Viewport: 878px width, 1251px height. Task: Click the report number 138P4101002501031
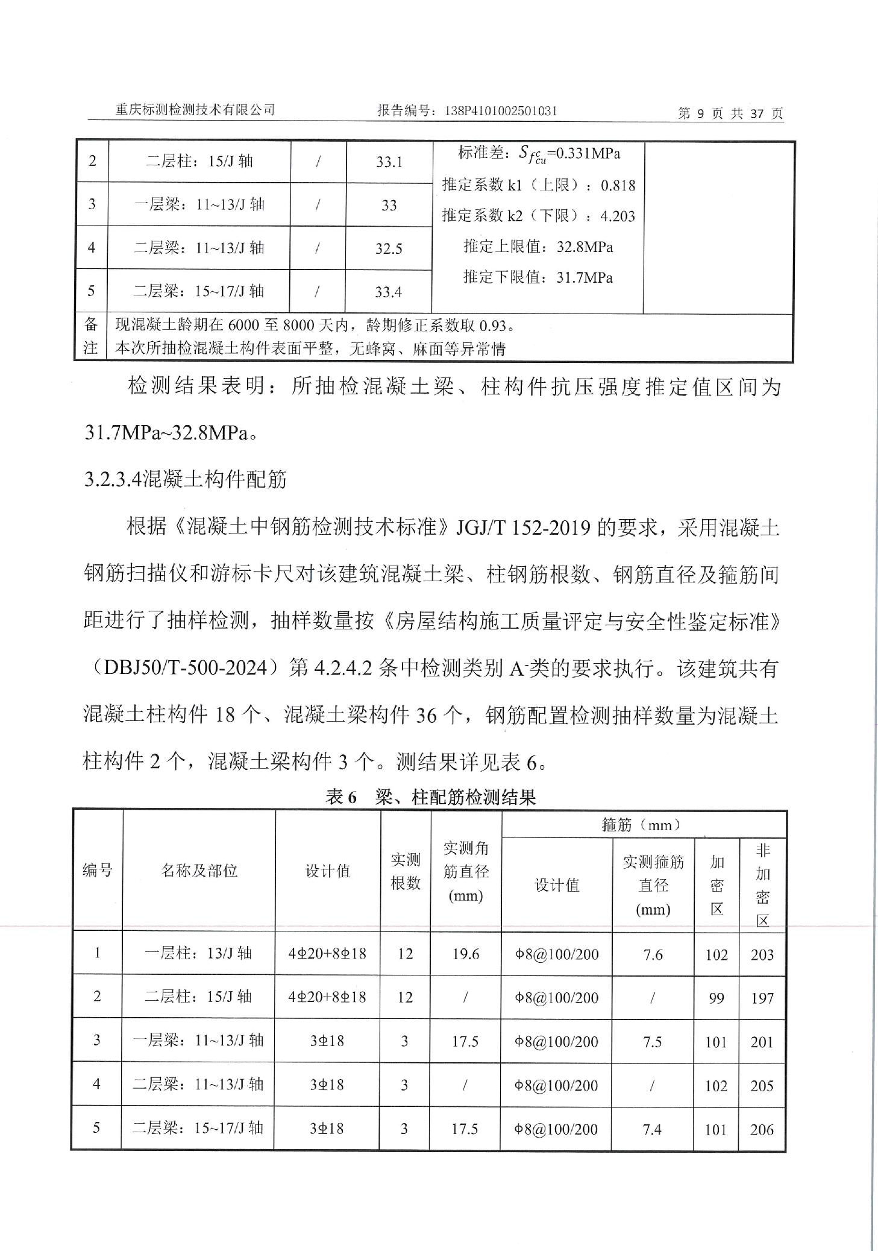[501, 111]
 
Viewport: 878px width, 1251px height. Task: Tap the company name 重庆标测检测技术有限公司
[195, 110]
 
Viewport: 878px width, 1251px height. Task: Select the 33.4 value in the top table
[389, 292]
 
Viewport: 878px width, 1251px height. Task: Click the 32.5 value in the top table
[389, 248]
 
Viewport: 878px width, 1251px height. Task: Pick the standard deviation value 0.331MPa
[587, 153]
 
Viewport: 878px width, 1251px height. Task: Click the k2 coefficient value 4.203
[618, 216]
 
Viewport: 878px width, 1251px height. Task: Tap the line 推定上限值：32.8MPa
[538, 247]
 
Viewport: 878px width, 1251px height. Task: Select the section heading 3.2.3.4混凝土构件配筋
[186, 480]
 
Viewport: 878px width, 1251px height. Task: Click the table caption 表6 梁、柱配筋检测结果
[430, 797]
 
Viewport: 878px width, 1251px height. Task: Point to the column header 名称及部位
[199, 871]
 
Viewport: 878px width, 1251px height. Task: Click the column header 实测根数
[405, 871]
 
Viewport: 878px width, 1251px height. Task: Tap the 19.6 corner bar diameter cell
[466, 954]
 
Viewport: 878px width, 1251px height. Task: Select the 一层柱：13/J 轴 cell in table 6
[198, 953]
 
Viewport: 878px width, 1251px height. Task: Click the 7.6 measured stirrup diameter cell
[653, 954]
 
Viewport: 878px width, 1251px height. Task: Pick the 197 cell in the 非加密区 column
[762, 998]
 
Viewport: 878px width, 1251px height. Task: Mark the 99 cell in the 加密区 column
[716, 998]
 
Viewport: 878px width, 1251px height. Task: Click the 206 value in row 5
[762, 1130]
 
